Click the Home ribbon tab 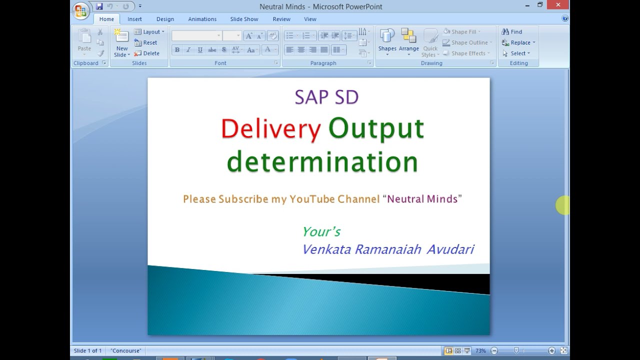(x=106, y=19)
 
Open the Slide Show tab (x=244, y=19)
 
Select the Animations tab (x=202, y=19)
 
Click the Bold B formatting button (x=177, y=49)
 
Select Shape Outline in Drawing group (x=468, y=42)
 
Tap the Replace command (x=519, y=42)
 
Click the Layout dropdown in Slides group (x=149, y=31)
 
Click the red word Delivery (x=270, y=129)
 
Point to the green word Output (x=376, y=129)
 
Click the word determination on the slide (x=322, y=162)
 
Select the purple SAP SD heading (x=326, y=97)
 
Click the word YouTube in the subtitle (x=312, y=199)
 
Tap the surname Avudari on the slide (x=450, y=249)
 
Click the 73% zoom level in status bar (x=480, y=351)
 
